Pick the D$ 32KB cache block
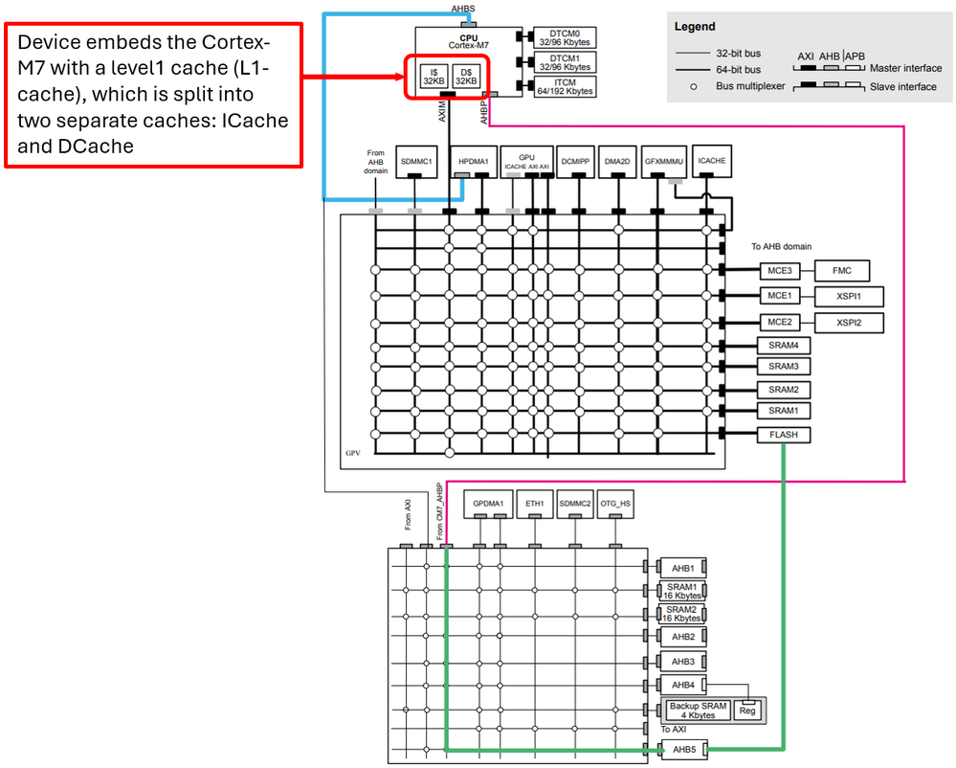(465, 77)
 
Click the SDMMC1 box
(417, 163)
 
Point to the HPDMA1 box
(474, 163)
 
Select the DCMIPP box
(574, 163)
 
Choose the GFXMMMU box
(663, 163)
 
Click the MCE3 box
(778, 271)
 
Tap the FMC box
(841, 271)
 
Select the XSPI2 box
(849, 323)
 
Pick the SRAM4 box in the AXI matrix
(784, 346)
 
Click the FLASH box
(784, 435)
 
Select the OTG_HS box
(614, 504)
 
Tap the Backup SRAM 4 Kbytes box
(699, 711)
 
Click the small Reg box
(747, 711)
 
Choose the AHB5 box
(683, 750)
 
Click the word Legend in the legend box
(695, 27)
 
